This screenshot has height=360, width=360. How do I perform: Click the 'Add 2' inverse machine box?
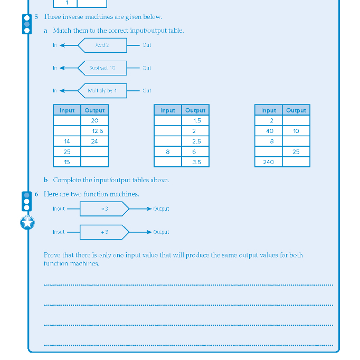[x=103, y=45]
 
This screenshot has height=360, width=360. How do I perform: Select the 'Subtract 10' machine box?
[x=103, y=68]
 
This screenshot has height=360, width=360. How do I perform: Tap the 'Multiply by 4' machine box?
[x=103, y=91]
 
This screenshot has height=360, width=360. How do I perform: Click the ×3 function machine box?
[x=104, y=209]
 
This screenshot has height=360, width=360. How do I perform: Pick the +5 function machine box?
[x=104, y=232]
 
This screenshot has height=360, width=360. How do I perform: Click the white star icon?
[x=27, y=223]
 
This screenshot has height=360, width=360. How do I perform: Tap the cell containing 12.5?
[x=95, y=131]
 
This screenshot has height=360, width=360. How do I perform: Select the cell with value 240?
[x=268, y=162]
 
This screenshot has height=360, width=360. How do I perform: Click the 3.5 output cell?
[x=195, y=162]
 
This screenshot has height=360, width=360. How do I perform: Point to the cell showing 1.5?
[x=195, y=121]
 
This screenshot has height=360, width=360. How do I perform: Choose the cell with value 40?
[x=268, y=131]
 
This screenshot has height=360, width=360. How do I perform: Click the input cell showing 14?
[x=67, y=141]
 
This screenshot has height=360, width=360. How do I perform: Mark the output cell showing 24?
[x=95, y=141]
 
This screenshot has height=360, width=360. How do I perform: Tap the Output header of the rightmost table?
[x=296, y=110]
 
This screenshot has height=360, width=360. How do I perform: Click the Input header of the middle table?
[x=168, y=110]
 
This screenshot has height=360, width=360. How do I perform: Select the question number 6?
[x=36, y=194]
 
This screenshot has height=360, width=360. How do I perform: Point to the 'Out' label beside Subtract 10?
[x=147, y=68]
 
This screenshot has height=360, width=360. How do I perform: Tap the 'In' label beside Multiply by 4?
[x=54, y=91]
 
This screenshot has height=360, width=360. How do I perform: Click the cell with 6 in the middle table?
[x=195, y=151]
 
